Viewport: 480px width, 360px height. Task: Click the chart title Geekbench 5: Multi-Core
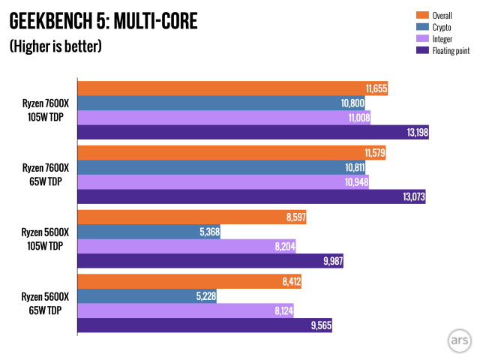coord(103,21)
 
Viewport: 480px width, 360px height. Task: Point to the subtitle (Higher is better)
coord(55,46)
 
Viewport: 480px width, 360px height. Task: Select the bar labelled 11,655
coord(232,89)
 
